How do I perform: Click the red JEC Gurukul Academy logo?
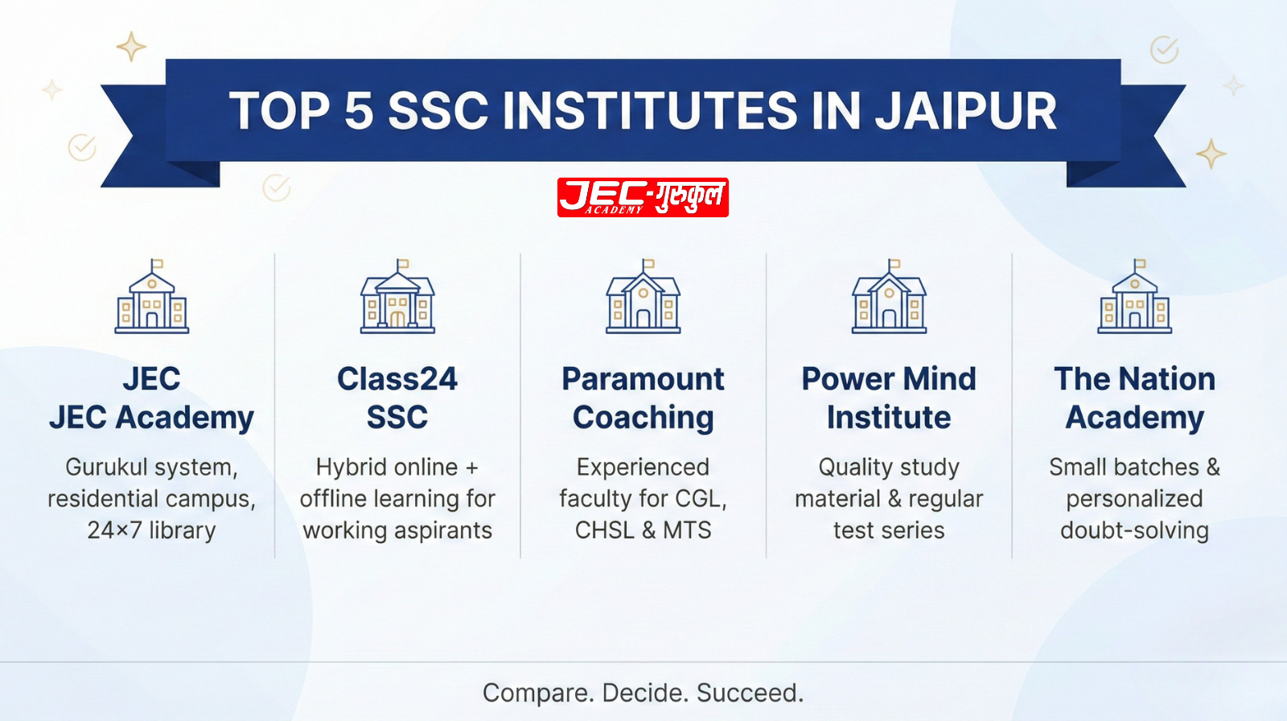click(x=643, y=197)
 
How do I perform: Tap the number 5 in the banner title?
click(x=359, y=110)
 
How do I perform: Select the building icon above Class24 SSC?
click(x=397, y=298)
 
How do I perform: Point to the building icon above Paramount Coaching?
click(x=643, y=298)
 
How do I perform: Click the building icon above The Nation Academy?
click(x=1134, y=298)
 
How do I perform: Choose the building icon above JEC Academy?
click(x=152, y=298)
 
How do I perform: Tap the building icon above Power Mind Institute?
click(x=889, y=298)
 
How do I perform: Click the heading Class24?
click(x=397, y=379)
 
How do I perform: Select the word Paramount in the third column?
click(x=643, y=379)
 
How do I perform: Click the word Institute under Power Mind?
click(x=889, y=418)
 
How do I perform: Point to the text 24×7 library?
click(x=152, y=530)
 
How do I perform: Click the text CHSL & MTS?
click(x=643, y=530)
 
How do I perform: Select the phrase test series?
click(x=889, y=530)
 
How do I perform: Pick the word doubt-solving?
click(x=1134, y=530)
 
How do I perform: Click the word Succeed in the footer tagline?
click(x=748, y=693)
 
